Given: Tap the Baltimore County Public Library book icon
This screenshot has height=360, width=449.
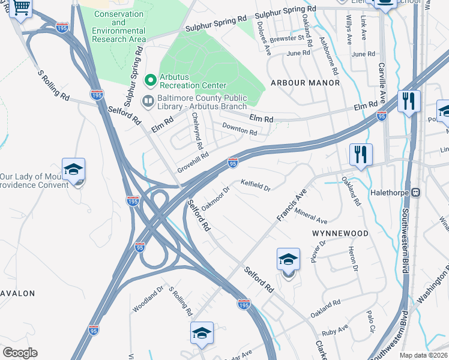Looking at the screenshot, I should point(146,101).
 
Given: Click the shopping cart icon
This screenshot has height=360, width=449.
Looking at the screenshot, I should point(21,8).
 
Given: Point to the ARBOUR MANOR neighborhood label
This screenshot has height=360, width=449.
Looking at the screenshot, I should point(305,82).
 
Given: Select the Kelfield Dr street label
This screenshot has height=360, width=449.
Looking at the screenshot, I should point(256,186).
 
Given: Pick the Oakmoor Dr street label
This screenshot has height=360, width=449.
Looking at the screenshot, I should point(216,198).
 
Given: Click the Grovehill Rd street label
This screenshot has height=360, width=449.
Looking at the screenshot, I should point(193,163).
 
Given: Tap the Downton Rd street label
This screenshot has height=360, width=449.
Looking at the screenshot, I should point(240,128).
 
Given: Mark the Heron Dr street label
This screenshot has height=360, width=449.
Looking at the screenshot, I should point(354,259).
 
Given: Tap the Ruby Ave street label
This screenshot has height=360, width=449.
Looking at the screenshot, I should point(335,331).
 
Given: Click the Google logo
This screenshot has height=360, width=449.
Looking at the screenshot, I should point(20,353).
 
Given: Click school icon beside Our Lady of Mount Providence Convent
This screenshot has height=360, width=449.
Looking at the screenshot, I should point(73,170).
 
